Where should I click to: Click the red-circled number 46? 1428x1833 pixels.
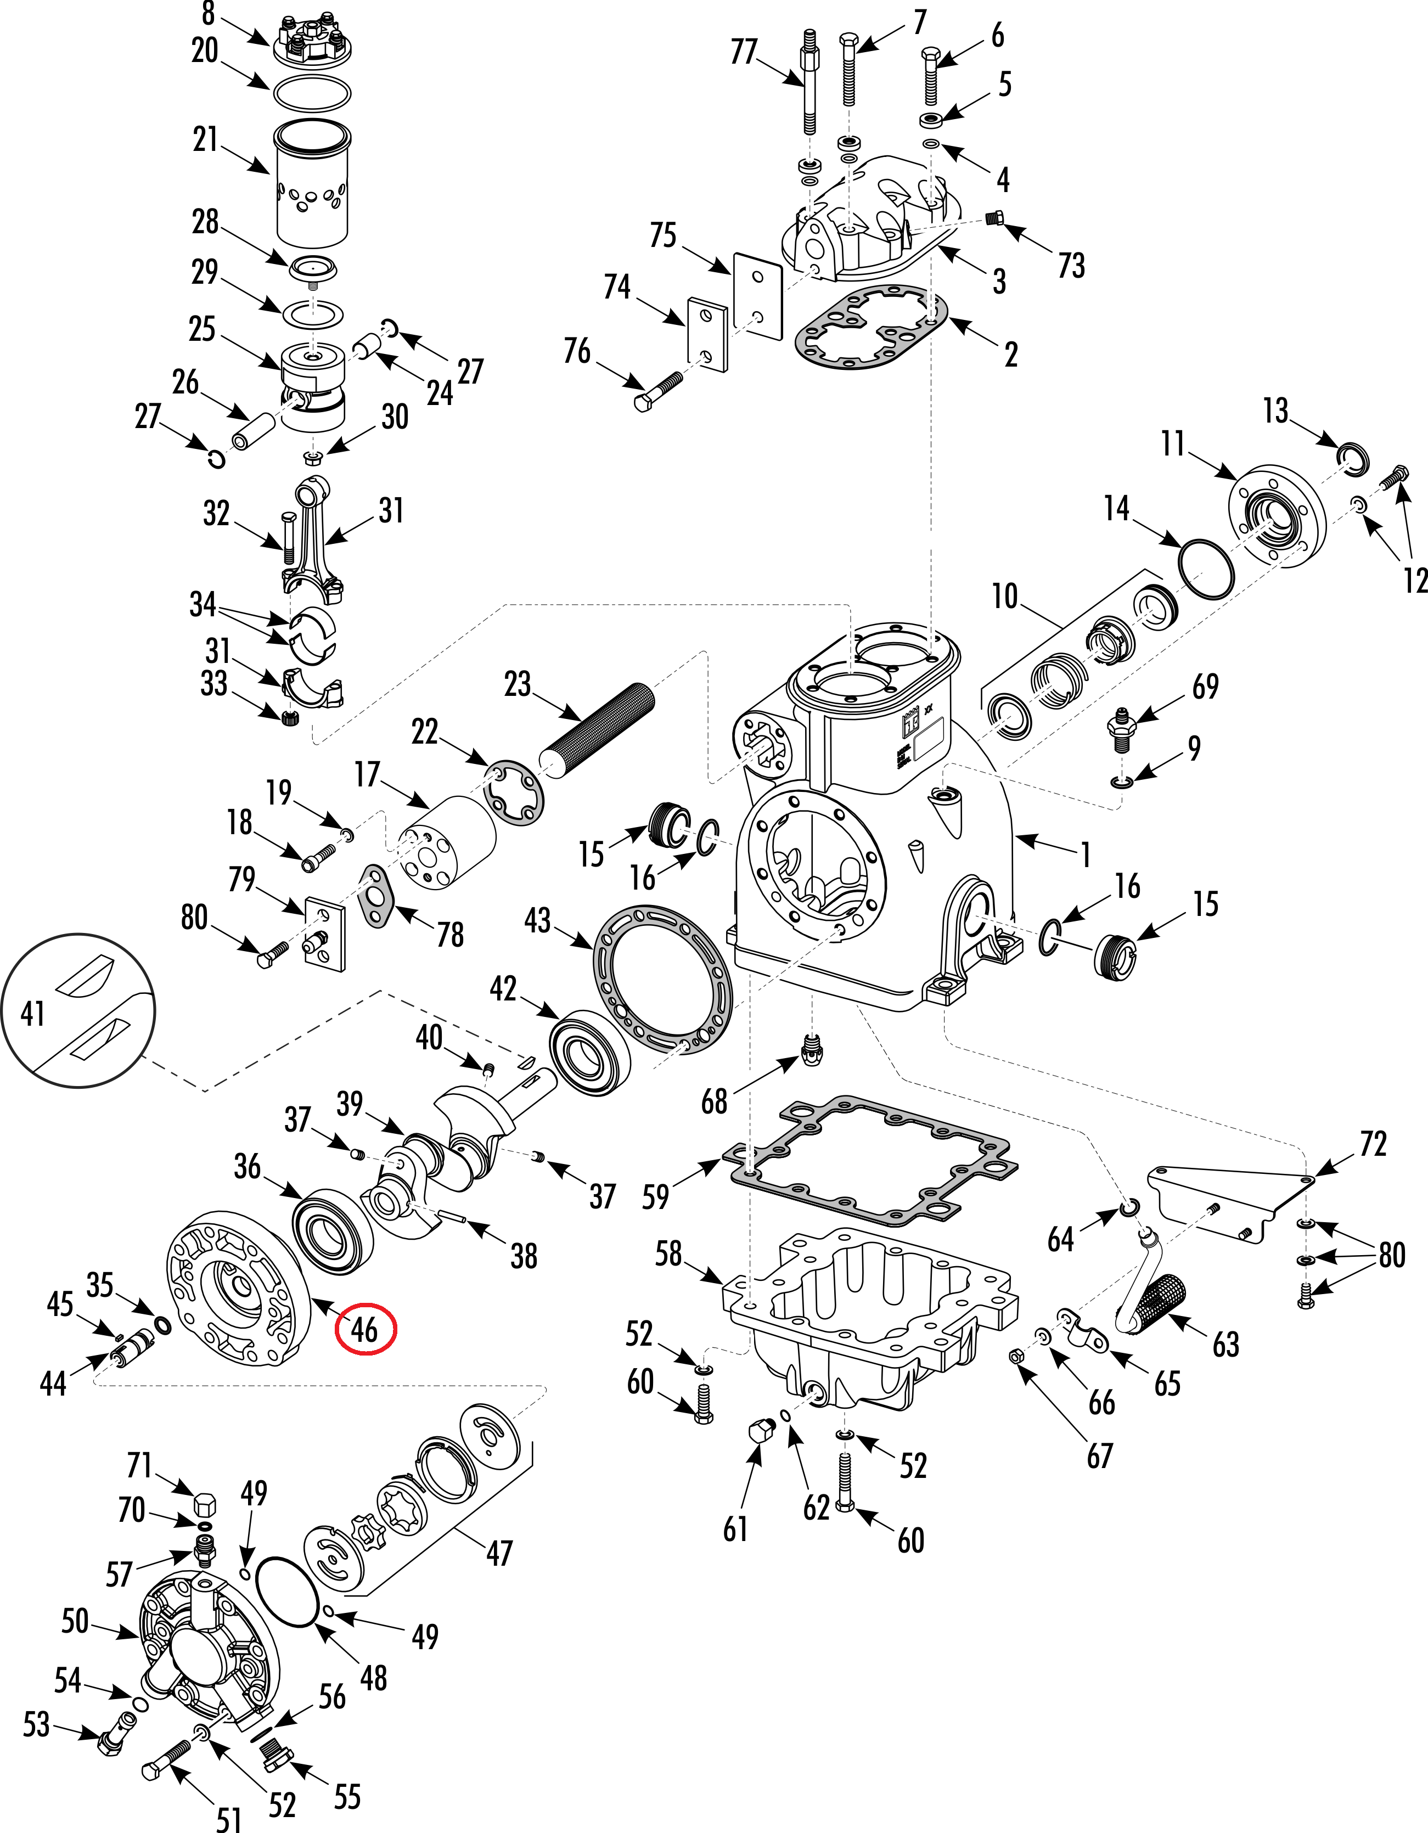click(364, 1329)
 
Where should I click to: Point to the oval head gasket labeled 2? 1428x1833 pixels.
click(870, 327)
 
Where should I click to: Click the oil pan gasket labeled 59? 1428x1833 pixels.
click(873, 1158)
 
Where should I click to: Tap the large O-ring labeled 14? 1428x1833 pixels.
click(1206, 570)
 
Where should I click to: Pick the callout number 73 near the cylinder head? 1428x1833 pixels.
click(1071, 265)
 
